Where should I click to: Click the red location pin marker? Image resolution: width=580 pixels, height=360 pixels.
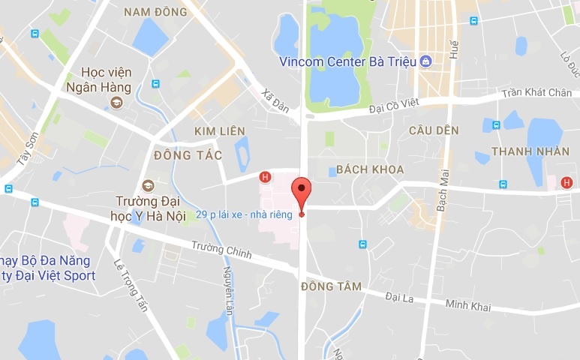click(301, 192)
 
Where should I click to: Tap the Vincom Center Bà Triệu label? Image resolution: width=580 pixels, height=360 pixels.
click(348, 61)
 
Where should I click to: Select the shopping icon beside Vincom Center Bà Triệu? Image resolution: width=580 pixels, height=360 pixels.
click(426, 61)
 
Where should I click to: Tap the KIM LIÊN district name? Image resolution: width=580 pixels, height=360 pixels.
click(220, 131)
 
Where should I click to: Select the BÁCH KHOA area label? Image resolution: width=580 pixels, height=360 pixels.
click(371, 169)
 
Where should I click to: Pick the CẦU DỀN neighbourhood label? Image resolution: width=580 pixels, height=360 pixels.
click(434, 130)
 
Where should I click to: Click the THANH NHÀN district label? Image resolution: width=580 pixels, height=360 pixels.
click(525, 151)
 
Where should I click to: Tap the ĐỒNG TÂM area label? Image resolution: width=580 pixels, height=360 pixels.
click(331, 286)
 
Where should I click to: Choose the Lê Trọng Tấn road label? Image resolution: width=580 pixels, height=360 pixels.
click(129, 283)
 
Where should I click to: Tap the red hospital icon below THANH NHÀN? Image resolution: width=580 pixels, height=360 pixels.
click(566, 182)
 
